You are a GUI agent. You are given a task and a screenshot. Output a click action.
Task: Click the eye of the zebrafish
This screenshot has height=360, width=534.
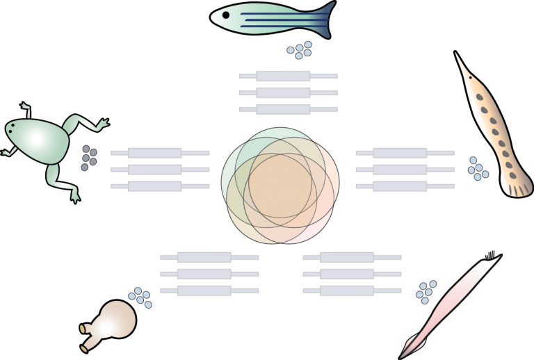point(225,15)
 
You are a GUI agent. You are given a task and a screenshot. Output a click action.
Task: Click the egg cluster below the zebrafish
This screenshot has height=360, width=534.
point(300,50)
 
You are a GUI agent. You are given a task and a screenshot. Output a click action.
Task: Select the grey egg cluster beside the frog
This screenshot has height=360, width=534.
point(88,157)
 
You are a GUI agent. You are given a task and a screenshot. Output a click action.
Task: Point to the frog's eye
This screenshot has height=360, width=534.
point(10,128)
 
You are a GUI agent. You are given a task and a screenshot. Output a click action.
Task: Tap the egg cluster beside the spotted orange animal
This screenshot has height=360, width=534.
point(477,168)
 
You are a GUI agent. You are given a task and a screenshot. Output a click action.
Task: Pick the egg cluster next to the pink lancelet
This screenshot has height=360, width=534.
point(426,292)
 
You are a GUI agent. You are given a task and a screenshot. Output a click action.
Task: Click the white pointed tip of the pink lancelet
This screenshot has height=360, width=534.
point(496,260)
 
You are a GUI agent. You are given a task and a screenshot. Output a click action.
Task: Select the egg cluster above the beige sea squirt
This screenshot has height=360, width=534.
point(140,297)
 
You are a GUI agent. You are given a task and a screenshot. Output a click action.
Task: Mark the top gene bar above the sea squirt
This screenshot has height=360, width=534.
point(204,258)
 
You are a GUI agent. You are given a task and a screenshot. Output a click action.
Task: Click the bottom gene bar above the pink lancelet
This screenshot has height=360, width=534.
point(347,291)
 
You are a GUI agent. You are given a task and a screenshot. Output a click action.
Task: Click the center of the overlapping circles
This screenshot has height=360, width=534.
point(280,186)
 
